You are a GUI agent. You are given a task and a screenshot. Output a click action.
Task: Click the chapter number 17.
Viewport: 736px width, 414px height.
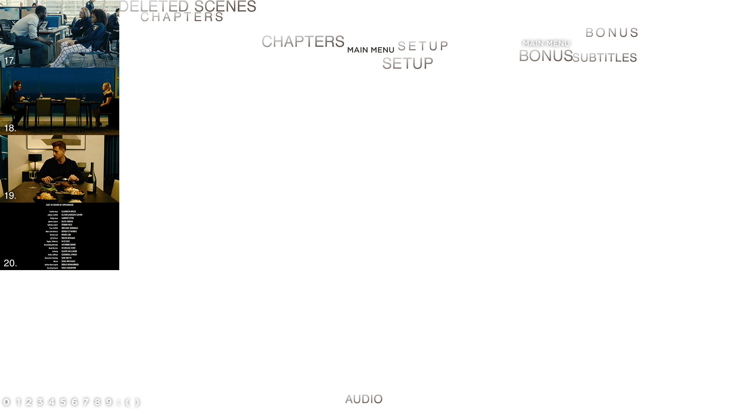click(10, 61)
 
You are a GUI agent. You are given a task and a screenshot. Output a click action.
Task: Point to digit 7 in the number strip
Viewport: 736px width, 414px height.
click(86, 402)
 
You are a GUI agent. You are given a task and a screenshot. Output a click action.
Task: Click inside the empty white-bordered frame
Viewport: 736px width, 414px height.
click(59, 303)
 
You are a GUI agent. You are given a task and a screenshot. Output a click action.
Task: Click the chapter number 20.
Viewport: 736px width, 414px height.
click(10, 263)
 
